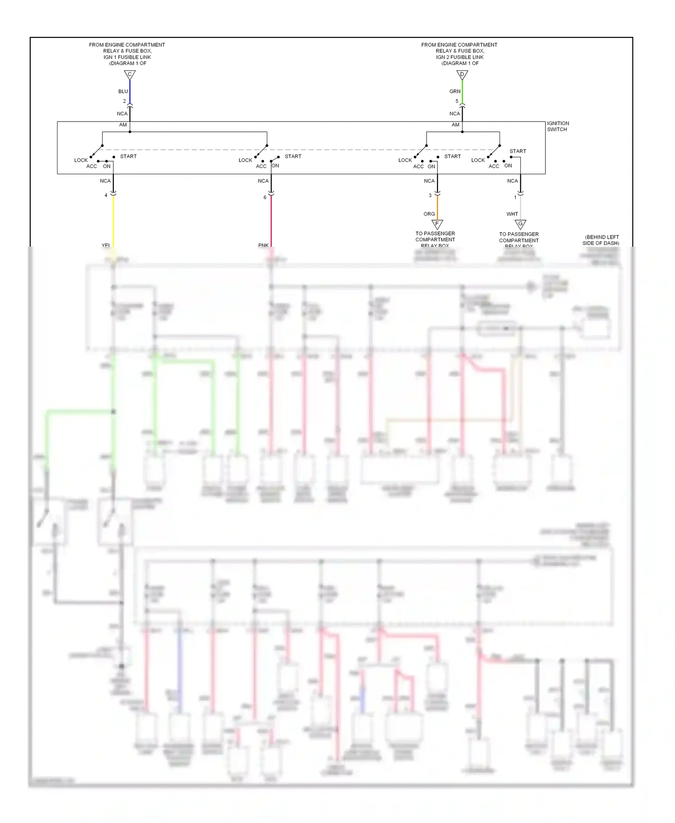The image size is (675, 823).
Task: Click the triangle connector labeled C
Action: [x=130, y=75]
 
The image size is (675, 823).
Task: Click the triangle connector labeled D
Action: [x=462, y=75]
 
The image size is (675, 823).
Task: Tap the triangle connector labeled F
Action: [x=437, y=224]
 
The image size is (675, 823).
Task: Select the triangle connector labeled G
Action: [x=520, y=224]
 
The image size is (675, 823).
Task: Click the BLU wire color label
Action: [x=123, y=91]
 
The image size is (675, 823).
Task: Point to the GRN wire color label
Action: [x=454, y=91]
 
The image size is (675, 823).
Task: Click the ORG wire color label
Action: [x=429, y=214]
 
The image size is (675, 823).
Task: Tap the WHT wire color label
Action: [x=512, y=214]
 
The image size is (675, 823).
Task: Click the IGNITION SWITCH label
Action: [x=558, y=126]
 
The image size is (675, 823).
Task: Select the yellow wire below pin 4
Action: [x=113, y=221]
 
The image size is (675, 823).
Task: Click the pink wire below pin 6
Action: [x=271, y=221]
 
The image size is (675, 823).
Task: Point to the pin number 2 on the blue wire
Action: [x=125, y=101]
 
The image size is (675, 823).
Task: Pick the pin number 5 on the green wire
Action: [x=457, y=101]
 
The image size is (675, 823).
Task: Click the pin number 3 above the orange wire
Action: [x=430, y=195]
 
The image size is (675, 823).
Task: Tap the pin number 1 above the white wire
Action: [x=515, y=197]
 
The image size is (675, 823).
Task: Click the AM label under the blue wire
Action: [x=123, y=125]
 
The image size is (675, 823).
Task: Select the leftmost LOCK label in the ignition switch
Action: [x=81, y=160]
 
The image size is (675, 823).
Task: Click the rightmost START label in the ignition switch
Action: [x=517, y=151]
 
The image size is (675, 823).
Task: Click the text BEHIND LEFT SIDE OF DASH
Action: [x=601, y=240]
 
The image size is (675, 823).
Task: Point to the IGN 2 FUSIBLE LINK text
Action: [x=459, y=57]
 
